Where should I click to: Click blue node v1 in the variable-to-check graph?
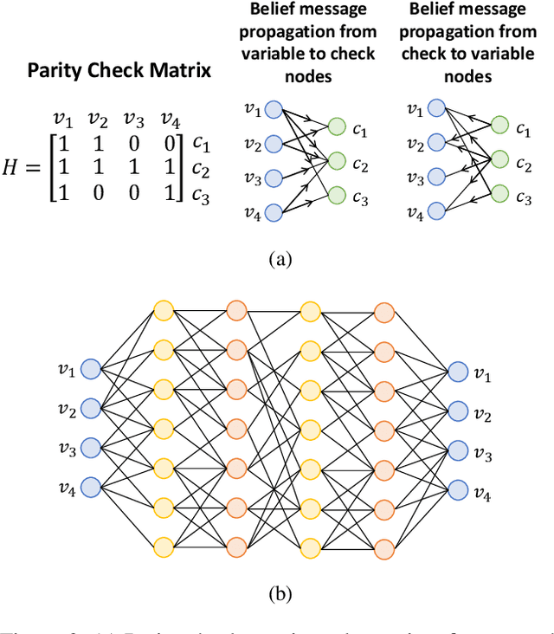[x=274, y=109]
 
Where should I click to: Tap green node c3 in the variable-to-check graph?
[x=338, y=197]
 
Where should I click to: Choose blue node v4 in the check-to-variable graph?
[x=437, y=210]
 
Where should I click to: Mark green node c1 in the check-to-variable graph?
[x=500, y=126]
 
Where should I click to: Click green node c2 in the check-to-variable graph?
[x=500, y=161]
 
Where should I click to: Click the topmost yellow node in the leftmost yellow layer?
[x=163, y=310]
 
